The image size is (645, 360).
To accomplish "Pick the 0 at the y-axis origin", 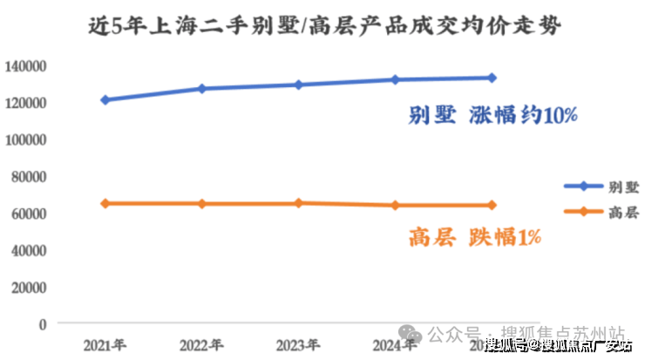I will (42, 323).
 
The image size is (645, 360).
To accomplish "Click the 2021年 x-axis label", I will (105, 343).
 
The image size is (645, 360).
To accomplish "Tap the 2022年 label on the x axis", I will (201, 343).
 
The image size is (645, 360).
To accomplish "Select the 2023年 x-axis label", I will (299, 343).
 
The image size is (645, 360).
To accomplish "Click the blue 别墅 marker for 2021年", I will (105, 100).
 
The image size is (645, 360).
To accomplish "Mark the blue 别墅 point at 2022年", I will (201, 89).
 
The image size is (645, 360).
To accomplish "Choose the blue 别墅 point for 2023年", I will (298, 85).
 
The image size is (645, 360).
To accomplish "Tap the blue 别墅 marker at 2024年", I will (395, 79).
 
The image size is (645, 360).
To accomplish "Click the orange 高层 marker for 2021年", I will (105, 203).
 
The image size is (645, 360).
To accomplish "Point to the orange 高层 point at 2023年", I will (298, 203).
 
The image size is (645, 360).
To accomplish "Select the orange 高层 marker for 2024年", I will (395, 206).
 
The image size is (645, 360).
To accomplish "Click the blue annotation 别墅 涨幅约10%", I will (492, 116).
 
